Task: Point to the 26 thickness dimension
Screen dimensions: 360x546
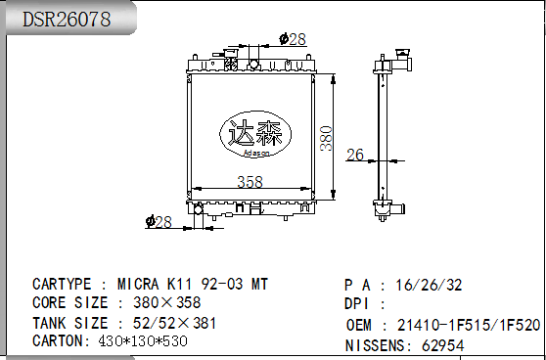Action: (354, 154)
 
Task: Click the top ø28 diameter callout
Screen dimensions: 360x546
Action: (293, 39)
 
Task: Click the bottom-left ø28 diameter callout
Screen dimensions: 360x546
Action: (158, 222)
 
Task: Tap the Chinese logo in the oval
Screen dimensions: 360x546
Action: (253, 134)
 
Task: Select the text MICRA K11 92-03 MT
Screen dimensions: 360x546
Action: (193, 285)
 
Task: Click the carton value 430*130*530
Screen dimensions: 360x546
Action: (143, 341)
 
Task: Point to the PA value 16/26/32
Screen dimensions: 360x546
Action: (429, 286)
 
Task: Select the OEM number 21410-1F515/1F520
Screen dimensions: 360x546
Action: (469, 325)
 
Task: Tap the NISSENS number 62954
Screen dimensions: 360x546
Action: (443, 345)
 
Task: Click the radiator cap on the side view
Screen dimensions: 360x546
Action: (400, 55)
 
